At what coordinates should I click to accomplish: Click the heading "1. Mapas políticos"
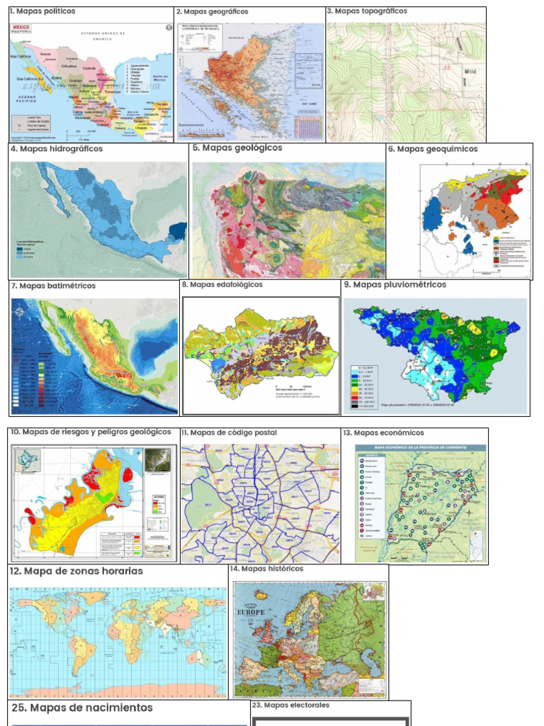click(42, 12)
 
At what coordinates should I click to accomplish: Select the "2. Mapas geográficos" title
click(212, 12)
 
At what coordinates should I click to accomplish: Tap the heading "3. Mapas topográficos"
click(367, 11)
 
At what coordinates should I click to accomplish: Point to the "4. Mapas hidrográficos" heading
click(57, 149)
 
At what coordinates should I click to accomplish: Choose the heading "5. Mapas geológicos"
click(237, 148)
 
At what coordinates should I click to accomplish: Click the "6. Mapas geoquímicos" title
click(433, 149)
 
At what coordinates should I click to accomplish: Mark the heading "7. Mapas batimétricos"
click(53, 286)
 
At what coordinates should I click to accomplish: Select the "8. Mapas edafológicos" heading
click(222, 285)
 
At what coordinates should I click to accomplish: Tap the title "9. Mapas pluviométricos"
click(395, 285)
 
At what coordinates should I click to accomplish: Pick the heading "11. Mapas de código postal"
click(229, 432)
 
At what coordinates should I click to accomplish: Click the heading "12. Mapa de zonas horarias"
click(76, 571)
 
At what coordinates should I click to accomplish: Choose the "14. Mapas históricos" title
click(266, 569)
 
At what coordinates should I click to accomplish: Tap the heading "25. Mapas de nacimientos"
click(82, 708)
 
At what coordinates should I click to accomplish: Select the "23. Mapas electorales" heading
click(291, 705)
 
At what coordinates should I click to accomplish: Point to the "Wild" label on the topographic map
click(471, 72)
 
